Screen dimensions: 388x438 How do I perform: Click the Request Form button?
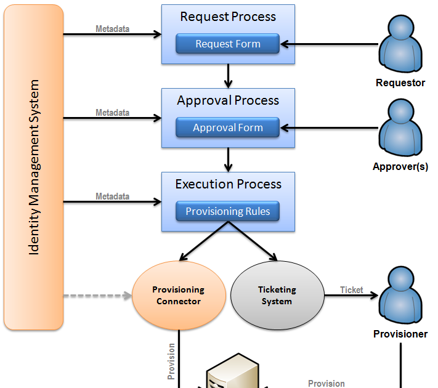[x=228, y=44]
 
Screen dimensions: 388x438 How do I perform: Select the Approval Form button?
[x=228, y=127]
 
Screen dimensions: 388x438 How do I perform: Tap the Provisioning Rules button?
[x=228, y=211]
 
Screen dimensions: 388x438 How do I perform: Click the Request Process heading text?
[x=228, y=17]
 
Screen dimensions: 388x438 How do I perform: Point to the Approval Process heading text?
[x=228, y=100]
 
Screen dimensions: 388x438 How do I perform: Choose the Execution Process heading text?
[x=228, y=184]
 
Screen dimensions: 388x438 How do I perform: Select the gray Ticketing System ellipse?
[x=277, y=295]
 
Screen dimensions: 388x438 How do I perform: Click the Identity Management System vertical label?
[x=34, y=167]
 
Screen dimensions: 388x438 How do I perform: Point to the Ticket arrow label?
[x=352, y=289]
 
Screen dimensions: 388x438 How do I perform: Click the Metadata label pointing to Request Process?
[x=112, y=28]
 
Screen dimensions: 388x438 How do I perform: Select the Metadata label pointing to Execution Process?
[x=112, y=196]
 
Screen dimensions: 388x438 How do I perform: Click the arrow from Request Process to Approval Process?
[x=229, y=76]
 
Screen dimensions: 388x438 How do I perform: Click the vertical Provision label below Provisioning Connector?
[x=171, y=361]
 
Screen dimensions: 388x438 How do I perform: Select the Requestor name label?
[x=400, y=83]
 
